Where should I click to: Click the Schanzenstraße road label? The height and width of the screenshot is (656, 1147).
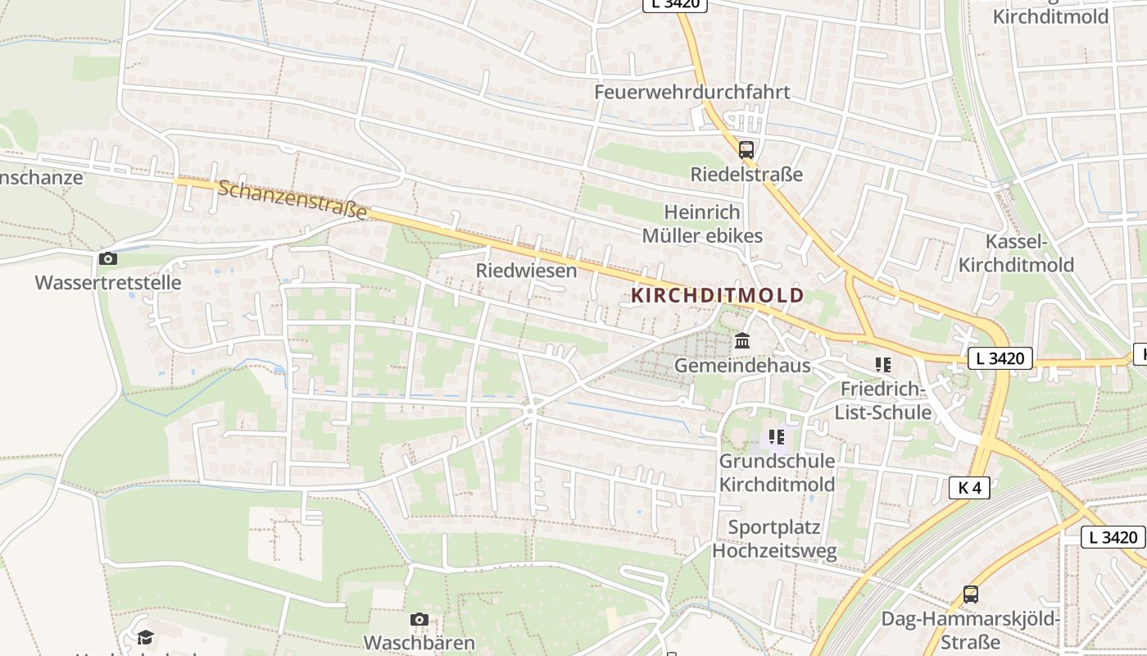pyautogui.click(x=292, y=200)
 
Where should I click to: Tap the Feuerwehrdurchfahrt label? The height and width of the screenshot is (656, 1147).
pyautogui.click(x=692, y=92)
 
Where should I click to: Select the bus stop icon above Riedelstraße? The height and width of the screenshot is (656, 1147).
pyautogui.click(x=746, y=150)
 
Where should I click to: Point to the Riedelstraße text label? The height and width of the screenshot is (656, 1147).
pyautogui.click(x=746, y=175)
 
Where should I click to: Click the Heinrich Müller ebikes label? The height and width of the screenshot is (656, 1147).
pyautogui.click(x=702, y=224)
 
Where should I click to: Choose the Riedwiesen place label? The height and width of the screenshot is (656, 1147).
pyautogui.click(x=526, y=271)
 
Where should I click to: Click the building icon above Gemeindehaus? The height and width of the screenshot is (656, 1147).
pyautogui.click(x=742, y=340)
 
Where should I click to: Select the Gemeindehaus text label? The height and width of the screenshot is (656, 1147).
pyautogui.click(x=742, y=366)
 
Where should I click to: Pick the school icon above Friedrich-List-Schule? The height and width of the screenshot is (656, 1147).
pyautogui.click(x=882, y=364)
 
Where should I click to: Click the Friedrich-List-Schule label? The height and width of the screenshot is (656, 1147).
pyautogui.click(x=882, y=400)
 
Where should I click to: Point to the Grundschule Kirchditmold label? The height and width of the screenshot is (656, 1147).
pyautogui.click(x=777, y=472)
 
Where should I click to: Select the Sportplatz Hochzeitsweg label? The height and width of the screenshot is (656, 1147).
pyautogui.click(x=774, y=539)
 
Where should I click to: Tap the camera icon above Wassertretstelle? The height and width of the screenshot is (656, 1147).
pyautogui.click(x=107, y=259)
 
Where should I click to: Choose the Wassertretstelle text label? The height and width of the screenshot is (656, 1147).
pyautogui.click(x=107, y=283)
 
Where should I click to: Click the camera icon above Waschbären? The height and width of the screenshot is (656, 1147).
pyautogui.click(x=419, y=619)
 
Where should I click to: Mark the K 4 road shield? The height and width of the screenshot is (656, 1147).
pyautogui.click(x=969, y=488)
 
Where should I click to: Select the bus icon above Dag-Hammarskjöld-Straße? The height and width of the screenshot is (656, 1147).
pyautogui.click(x=971, y=594)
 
